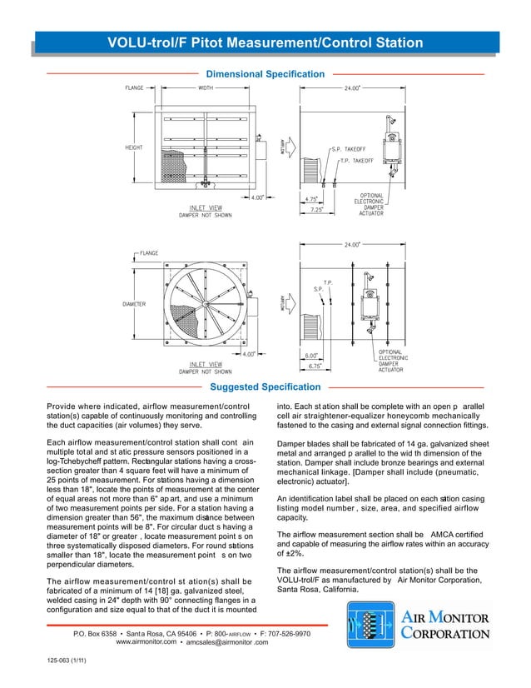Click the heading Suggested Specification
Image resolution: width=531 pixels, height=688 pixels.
pos(265,387)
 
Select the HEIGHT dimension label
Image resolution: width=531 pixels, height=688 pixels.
pos(133,147)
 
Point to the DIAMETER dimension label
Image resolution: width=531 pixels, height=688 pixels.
pos(135,304)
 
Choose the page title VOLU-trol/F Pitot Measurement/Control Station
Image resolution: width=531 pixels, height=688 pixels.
pos(265,42)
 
